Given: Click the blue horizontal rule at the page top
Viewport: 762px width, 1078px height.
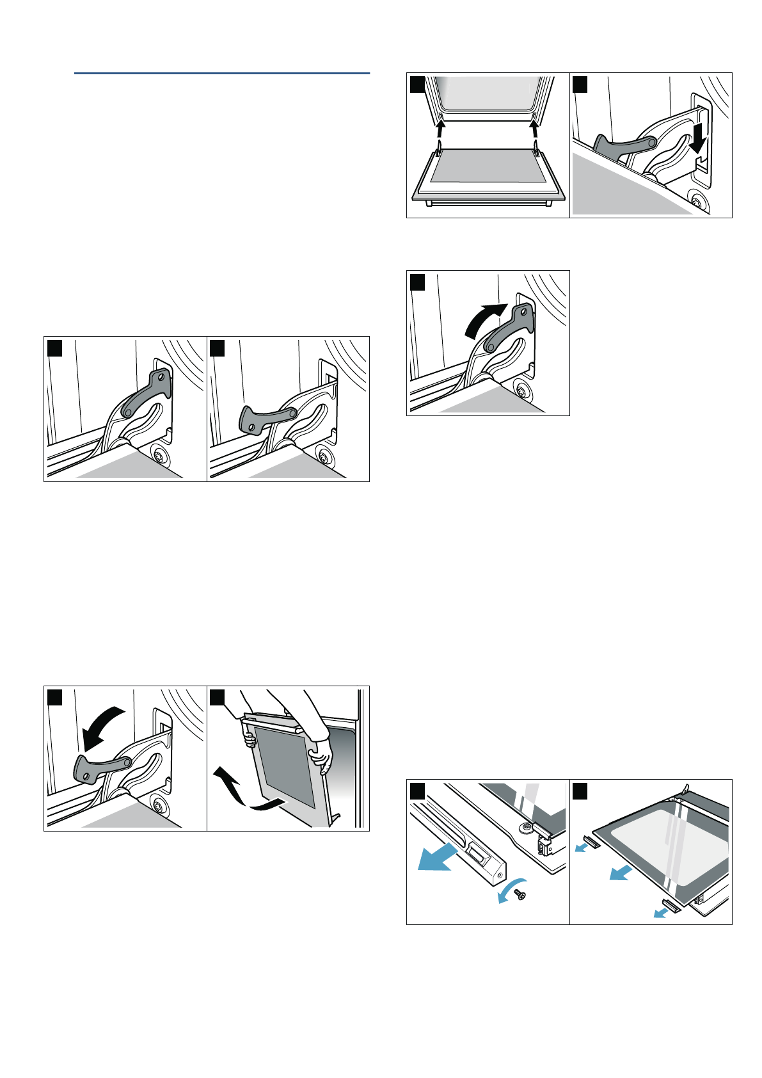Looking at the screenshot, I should (x=221, y=74).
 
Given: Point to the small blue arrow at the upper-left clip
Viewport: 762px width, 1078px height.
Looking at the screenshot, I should (x=582, y=847).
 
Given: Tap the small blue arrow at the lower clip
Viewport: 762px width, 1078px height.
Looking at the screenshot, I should (x=660, y=912).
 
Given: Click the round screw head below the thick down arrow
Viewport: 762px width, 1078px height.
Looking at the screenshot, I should (x=696, y=201).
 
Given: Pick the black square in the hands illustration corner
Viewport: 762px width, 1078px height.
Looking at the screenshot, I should (x=217, y=697).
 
